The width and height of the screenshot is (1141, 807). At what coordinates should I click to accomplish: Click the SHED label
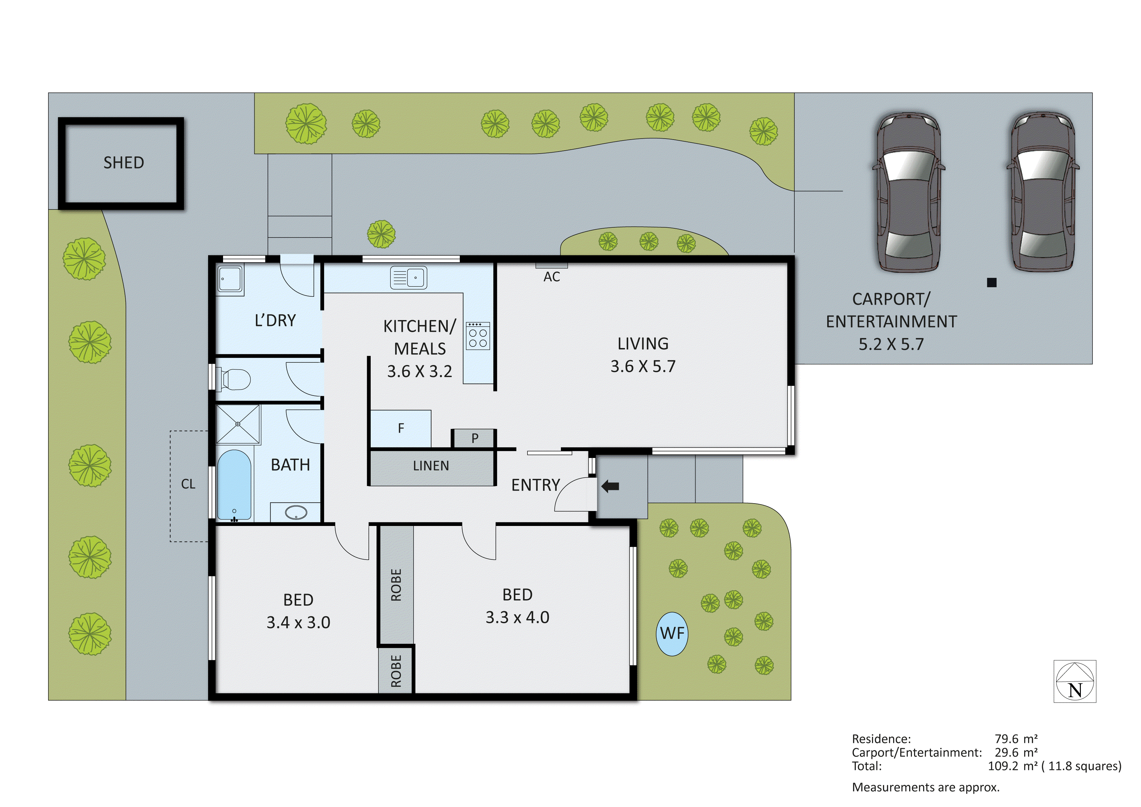(124, 163)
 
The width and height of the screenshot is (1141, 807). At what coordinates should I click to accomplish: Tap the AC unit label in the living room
(551, 277)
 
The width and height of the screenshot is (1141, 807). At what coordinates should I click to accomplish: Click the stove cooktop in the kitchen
(478, 336)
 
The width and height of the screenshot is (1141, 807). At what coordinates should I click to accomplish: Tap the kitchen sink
(408, 277)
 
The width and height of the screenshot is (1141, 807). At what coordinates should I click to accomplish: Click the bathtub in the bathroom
(234, 485)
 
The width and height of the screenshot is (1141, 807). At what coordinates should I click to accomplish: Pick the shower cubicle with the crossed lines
(238, 424)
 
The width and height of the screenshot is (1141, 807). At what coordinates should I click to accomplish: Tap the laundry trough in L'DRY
(230, 279)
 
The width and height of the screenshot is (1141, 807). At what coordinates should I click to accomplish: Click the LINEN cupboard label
(431, 466)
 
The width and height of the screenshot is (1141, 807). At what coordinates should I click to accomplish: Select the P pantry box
(475, 438)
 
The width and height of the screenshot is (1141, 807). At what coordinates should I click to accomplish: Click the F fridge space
(401, 428)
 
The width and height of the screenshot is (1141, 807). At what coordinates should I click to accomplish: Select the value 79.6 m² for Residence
(1016, 739)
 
